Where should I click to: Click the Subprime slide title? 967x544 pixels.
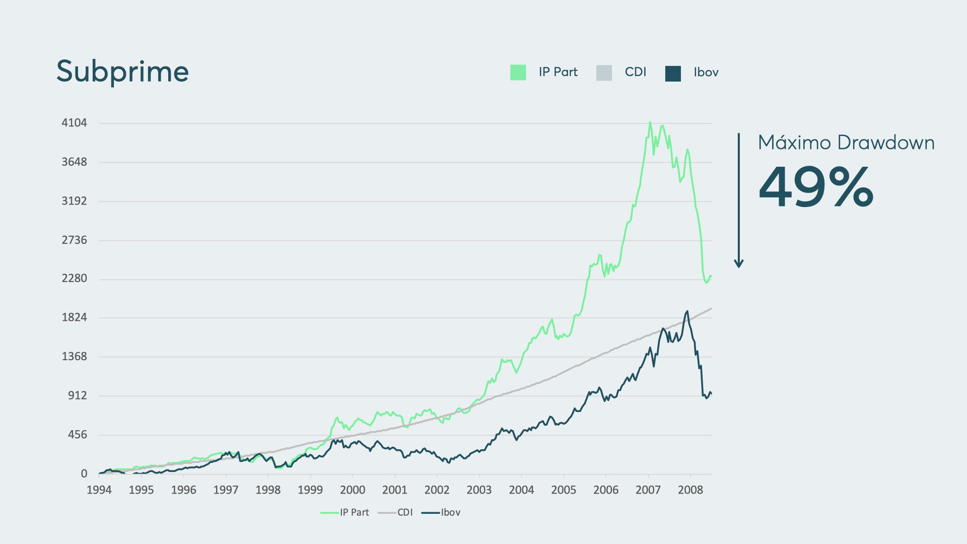point(122,72)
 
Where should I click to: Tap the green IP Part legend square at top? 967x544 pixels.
point(518,73)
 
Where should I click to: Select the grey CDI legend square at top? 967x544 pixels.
point(604,73)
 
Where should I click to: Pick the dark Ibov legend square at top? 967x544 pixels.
point(673,73)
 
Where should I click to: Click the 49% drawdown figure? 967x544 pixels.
point(816,187)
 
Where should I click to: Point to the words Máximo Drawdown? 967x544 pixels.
point(846,143)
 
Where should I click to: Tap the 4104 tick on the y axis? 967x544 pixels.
point(74,123)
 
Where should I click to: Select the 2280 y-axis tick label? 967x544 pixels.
point(74,279)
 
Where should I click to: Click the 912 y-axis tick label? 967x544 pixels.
point(78,395)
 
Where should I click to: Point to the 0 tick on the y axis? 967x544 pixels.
point(84,473)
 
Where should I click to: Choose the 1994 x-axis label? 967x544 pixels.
point(99,490)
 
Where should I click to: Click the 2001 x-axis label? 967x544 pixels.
point(395,490)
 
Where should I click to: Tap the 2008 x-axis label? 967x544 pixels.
point(690,490)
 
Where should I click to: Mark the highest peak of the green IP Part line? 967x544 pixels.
point(650,122)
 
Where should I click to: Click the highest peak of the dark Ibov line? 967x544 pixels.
point(687,311)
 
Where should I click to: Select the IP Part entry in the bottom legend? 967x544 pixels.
point(345,512)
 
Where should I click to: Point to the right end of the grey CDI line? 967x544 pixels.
point(711,308)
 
